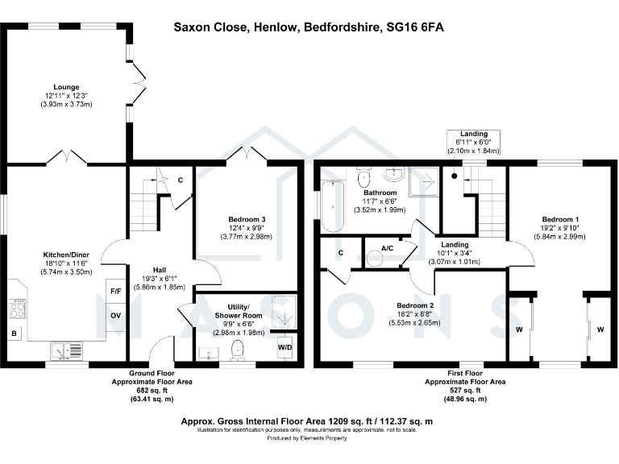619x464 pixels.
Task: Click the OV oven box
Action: (x=115, y=315)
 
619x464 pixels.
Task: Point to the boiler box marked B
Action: (x=14, y=333)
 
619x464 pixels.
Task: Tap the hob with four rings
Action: (x=16, y=309)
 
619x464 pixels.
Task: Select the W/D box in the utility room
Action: (x=285, y=347)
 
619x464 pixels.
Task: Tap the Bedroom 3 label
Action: (x=247, y=220)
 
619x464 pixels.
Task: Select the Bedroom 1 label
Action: (x=559, y=219)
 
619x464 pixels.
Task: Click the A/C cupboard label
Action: (x=387, y=247)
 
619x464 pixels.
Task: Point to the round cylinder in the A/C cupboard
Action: (x=376, y=259)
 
